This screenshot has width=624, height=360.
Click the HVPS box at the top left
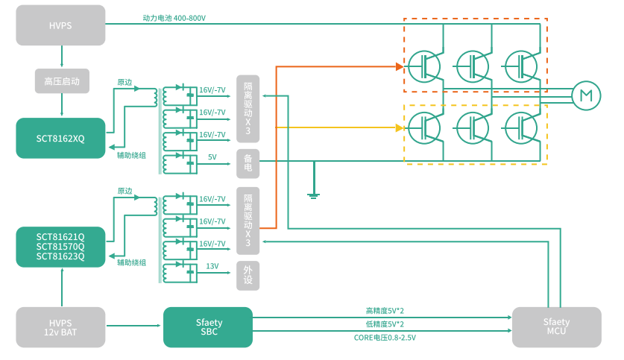point(61,25)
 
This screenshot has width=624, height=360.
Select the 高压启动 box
point(61,80)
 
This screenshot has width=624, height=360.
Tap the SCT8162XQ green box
point(61,138)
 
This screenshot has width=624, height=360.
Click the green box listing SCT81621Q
point(61,247)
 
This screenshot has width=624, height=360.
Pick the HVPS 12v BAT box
point(61,327)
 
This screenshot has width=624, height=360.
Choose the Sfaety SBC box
point(208,327)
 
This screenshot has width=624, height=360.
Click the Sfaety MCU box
point(556,327)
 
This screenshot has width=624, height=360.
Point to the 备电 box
point(248,164)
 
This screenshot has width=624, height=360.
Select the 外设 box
point(248,276)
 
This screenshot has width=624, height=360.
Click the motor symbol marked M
point(585,95)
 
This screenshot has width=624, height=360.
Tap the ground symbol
point(314,195)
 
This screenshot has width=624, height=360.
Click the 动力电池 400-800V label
point(174,17)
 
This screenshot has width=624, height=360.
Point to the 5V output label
point(212,157)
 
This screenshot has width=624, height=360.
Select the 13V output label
point(212,266)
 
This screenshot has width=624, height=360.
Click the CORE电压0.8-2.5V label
point(385,338)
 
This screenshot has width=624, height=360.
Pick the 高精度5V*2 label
point(385,311)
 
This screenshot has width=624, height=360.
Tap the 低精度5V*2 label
point(385,324)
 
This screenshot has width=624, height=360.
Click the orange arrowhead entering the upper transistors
point(399,66)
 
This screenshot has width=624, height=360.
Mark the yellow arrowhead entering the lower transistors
point(400,128)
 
